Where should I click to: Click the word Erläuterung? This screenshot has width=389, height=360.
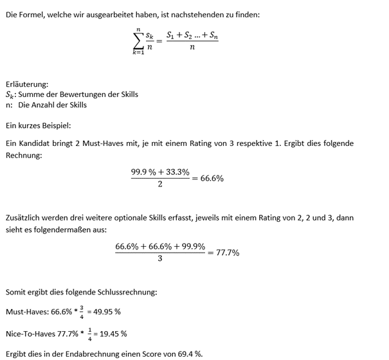click(26, 84)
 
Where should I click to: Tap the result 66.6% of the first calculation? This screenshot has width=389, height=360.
click(212, 178)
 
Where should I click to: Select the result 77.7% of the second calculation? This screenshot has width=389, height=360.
click(227, 253)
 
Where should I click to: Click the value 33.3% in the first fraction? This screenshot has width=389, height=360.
click(176, 172)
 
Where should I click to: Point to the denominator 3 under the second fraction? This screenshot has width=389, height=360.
click(160, 259)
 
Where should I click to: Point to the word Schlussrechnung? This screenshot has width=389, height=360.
click(122, 292)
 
